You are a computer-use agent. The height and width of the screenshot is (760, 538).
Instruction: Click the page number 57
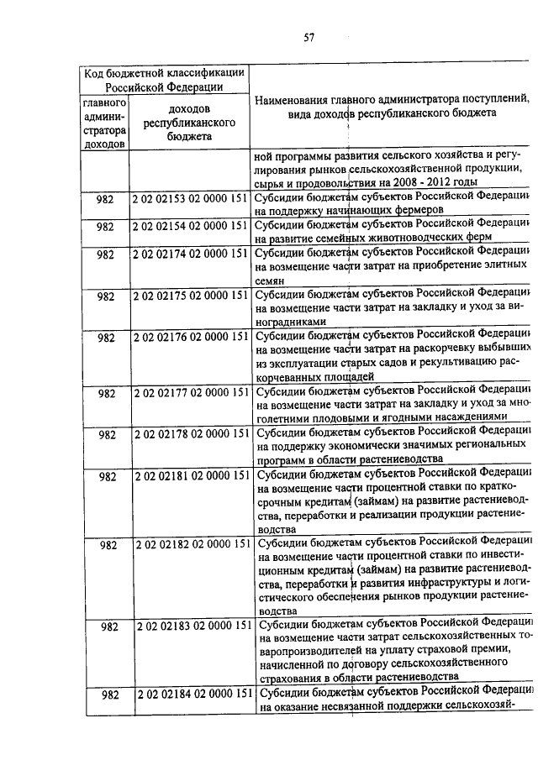pos(309,37)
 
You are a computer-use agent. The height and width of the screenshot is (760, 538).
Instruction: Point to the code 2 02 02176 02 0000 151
pos(191,338)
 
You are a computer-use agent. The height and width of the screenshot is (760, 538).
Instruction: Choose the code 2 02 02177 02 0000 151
pos(191,392)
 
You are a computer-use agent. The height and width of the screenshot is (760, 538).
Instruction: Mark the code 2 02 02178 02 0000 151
pos(191,434)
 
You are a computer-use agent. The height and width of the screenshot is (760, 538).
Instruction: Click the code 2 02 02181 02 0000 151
pos(192,476)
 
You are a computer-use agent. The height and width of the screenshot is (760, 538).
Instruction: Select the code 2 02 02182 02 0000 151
pos(192,544)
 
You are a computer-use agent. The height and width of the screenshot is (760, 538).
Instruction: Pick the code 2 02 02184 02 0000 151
pos(192,693)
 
